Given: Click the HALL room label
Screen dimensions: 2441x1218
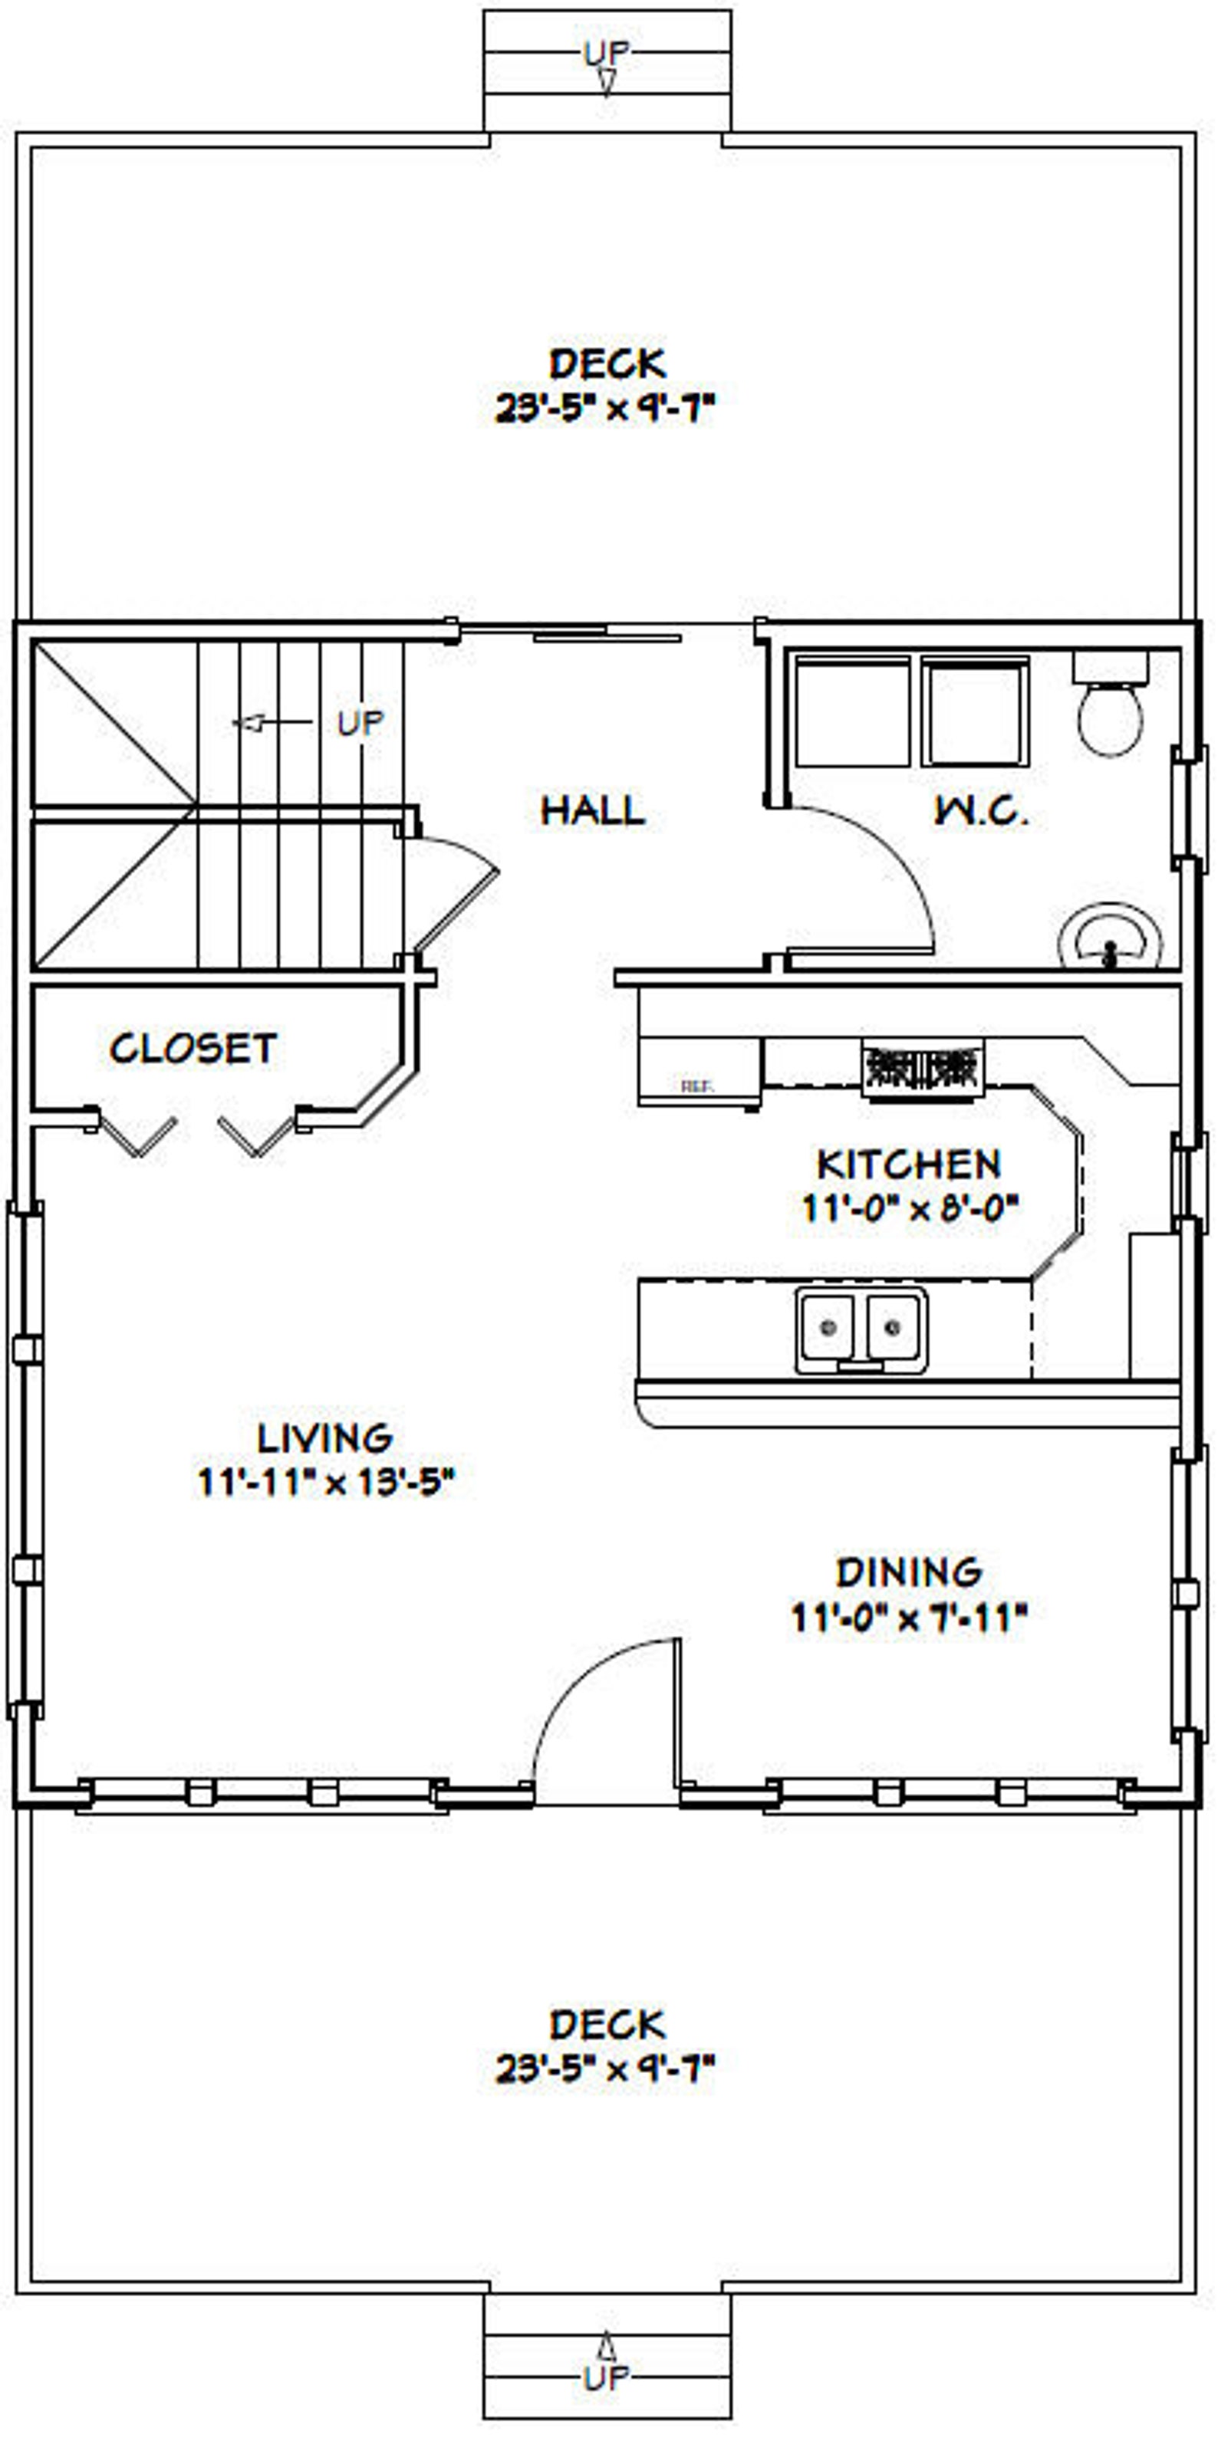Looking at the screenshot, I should point(592,810).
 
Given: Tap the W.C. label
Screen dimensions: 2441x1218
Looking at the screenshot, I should point(980,811).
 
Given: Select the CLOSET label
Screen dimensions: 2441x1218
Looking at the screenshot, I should point(193,1048).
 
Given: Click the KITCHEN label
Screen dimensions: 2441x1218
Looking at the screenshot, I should point(908,1164).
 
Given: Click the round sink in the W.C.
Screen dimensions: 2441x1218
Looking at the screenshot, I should point(1109,938).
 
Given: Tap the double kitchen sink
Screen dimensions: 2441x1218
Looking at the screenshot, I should point(861,1329).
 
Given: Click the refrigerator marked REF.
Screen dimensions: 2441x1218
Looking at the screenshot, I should point(700,1071).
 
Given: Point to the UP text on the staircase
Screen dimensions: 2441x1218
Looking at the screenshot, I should point(360,724).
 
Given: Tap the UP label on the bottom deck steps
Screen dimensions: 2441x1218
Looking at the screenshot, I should point(607,2377).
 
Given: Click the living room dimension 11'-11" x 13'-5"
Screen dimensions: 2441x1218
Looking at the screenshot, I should point(326,1482).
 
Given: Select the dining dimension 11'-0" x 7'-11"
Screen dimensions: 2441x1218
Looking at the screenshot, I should point(909,1618).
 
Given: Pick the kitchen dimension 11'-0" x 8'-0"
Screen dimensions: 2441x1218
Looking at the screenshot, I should point(909,1208).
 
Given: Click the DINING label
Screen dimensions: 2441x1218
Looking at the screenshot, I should point(908,1573).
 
